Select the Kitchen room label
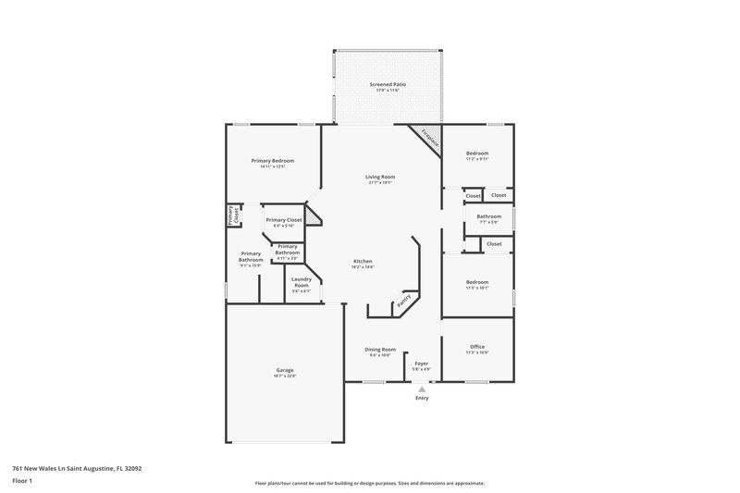coord(363,262)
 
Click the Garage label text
coord(285,369)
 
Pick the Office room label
coord(477,347)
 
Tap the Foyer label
coord(421,364)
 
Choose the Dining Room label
coord(380,349)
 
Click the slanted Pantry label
coord(403,301)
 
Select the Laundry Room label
coord(301,282)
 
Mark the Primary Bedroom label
coord(273,161)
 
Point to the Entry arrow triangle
coord(422,389)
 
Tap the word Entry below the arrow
coord(422,399)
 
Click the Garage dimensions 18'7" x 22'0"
coord(285,375)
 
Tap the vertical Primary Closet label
coord(235,215)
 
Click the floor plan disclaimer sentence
coord(370,483)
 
